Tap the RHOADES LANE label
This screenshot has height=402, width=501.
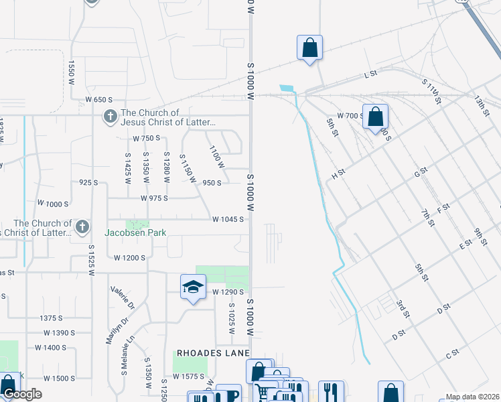(213, 353)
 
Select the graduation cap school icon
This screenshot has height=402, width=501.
(193, 287)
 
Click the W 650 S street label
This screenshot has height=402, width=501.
(99, 100)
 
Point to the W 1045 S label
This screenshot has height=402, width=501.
(227, 219)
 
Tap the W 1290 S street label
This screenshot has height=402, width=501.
(227, 292)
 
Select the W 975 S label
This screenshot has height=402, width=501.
(154, 198)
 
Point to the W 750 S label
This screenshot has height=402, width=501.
(146, 139)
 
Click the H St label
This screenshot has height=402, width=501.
(338, 173)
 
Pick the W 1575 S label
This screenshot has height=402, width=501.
(188, 377)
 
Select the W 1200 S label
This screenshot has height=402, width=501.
(129, 257)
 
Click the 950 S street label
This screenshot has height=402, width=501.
(212, 182)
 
